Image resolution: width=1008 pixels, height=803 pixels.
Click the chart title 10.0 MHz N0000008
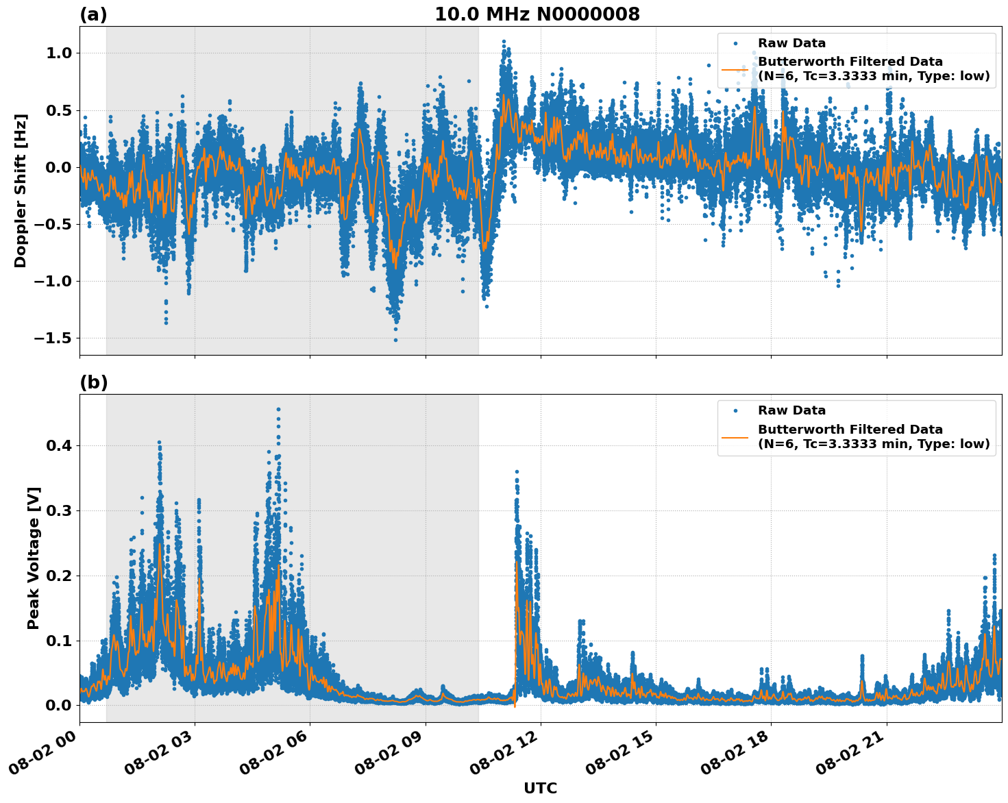click(x=537, y=14)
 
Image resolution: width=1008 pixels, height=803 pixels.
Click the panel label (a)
click(x=93, y=14)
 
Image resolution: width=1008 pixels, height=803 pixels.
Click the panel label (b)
click(x=93, y=382)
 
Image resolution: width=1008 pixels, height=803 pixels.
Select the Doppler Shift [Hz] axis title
click(x=21, y=190)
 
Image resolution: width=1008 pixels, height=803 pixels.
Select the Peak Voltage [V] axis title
click(x=34, y=558)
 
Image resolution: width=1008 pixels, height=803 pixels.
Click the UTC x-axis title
click(x=540, y=788)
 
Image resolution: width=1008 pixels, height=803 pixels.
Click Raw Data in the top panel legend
click(x=791, y=43)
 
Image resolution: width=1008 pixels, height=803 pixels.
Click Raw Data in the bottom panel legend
click(x=791, y=410)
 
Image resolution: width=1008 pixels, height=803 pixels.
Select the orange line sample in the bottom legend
click(x=735, y=437)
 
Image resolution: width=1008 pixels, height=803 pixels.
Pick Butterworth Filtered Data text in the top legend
click(x=850, y=62)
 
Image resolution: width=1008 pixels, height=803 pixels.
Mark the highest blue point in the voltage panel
click(x=278, y=410)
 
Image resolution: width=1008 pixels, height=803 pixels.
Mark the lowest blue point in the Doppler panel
click(x=395, y=340)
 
